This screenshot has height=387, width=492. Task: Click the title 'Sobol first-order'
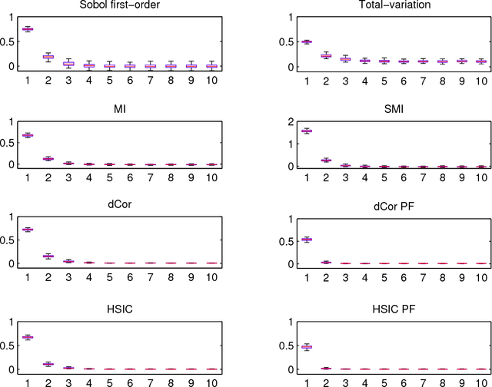click(118, 6)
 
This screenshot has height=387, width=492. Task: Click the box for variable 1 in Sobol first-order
click(28, 29)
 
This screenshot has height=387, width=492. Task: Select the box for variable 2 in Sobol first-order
click(48, 57)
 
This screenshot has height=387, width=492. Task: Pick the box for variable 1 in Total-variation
click(284, 42)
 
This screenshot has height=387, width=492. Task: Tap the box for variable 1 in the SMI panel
click(284, 131)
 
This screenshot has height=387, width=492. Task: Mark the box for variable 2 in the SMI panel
click(304, 160)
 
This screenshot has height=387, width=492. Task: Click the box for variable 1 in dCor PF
click(284, 240)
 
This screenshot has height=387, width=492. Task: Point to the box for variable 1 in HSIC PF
click(284, 347)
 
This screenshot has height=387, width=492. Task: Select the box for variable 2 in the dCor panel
click(48, 256)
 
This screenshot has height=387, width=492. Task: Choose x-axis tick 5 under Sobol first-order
click(108, 80)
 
